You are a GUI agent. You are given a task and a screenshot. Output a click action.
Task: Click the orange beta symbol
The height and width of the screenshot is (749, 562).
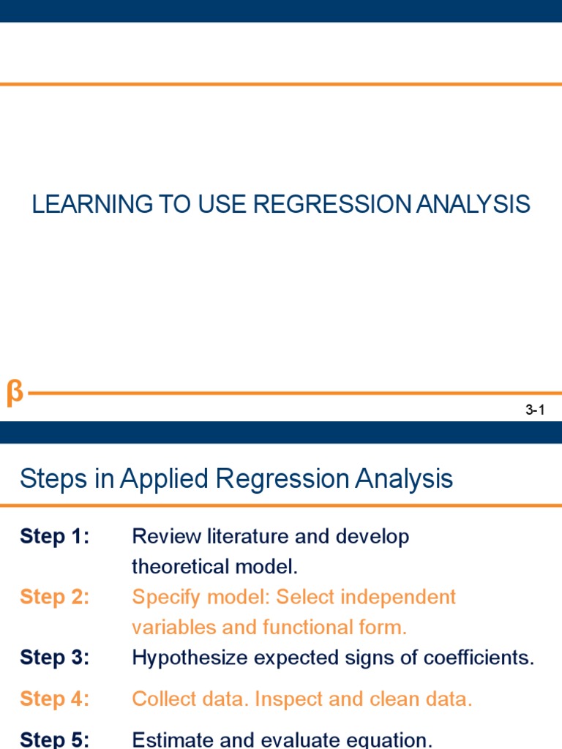[x=15, y=394]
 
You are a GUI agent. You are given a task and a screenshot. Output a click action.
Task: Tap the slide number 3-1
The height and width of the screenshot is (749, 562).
[x=536, y=410]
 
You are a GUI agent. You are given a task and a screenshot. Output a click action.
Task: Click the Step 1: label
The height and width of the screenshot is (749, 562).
[x=55, y=536]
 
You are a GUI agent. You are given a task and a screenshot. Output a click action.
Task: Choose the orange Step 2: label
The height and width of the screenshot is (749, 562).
[x=55, y=597]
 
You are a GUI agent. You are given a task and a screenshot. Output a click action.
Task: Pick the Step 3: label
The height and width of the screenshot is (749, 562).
[x=55, y=658]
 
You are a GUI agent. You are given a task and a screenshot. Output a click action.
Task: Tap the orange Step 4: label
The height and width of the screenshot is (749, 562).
[x=55, y=699]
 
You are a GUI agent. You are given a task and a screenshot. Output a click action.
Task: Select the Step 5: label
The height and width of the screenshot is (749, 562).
[x=55, y=739]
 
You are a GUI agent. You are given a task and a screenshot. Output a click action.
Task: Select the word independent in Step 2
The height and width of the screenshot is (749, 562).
[x=400, y=597]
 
